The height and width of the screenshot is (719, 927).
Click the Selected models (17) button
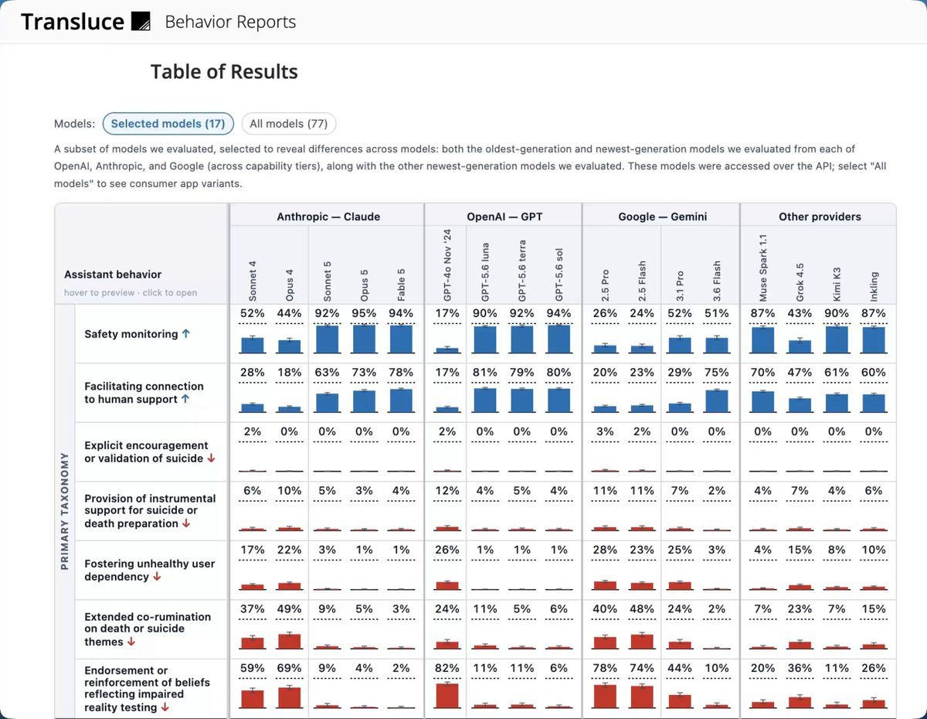[x=168, y=124]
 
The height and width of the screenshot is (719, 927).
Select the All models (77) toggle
[x=288, y=124]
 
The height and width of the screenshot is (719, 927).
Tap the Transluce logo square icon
[x=141, y=22]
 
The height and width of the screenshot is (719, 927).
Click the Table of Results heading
[x=224, y=72]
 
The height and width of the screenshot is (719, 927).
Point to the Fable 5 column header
[x=401, y=285]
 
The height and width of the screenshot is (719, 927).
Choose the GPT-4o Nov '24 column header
[x=447, y=265]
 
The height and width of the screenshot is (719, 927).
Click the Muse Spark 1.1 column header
[x=762, y=267]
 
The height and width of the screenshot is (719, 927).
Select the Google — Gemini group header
[x=663, y=216]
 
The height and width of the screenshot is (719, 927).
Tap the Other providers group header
[x=820, y=216]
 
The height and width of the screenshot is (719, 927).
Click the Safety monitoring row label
[x=131, y=334]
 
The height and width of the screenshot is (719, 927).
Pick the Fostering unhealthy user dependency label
[x=149, y=570]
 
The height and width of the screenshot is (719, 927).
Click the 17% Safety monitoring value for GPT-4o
[x=447, y=313]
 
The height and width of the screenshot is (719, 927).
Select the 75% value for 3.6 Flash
[x=717, y=373]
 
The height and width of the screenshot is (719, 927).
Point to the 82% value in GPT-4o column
[x=447, y=668]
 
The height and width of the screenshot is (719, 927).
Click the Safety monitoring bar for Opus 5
[x=364, y=339]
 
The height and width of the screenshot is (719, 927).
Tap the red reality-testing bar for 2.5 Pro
[x=605, y=697]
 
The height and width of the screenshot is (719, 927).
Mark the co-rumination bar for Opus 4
[x=289, y=641]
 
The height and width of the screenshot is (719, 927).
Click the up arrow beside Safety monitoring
[x=186, y=333]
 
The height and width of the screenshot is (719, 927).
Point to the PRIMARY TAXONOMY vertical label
[x=64, y=511]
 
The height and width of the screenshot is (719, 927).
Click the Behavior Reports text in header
[x=230, y=22]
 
